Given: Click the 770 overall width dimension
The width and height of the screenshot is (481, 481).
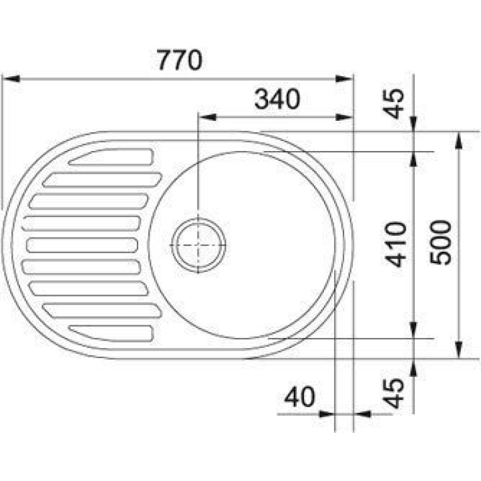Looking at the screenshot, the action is point(180,60).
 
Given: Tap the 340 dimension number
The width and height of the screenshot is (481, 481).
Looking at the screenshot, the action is point(277,99).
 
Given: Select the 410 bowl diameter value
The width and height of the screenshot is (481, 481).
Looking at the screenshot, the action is point(395,245).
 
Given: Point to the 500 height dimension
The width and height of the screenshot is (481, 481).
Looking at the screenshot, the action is point(440,243).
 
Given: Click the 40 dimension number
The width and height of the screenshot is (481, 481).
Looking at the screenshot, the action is point(300,397).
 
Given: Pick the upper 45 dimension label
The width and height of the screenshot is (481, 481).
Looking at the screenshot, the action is point(394,104).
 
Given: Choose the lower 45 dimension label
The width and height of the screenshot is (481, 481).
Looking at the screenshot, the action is point(394,393).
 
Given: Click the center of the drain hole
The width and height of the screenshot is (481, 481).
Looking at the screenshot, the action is point(198,245).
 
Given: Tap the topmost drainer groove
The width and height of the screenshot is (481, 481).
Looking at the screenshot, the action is point(111,157).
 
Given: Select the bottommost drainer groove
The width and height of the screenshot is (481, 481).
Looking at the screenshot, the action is point(111,333).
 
